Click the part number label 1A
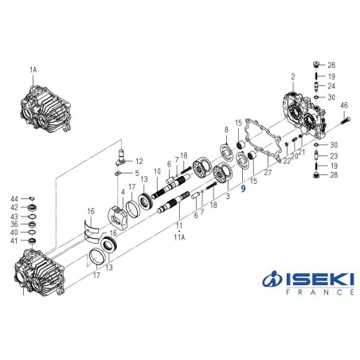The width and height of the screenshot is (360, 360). click(33, 70)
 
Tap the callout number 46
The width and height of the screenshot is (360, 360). click(344, 105)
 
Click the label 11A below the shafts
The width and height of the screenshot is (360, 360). click(179, 237)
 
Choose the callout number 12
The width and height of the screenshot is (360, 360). click(139, 161)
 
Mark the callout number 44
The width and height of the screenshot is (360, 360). click(14, 198)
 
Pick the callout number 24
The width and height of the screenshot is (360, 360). click(332, 86)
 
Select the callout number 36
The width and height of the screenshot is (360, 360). click(14, 224)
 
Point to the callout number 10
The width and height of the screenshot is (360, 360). click(157, 171)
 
